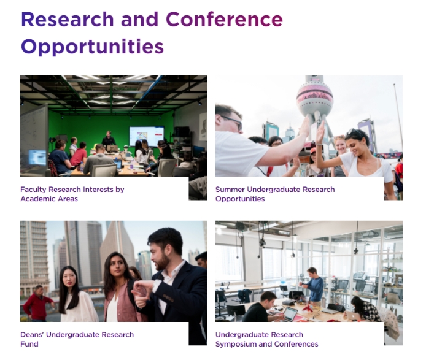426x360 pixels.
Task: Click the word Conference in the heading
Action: click(224, 20)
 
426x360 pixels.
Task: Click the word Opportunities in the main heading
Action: click(92, 47)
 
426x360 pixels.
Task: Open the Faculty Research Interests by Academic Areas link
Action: click(72, 194)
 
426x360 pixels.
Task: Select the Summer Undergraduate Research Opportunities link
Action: click(275, 194)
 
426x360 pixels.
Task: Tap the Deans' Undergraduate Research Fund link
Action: click(77, 339)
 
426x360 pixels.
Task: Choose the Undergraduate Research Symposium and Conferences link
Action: click(267, 339)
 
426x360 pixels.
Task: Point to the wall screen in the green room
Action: click(147, 136)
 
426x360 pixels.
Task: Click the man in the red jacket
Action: click(37, 303)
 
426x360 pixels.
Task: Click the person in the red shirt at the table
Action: click(79, 155)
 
